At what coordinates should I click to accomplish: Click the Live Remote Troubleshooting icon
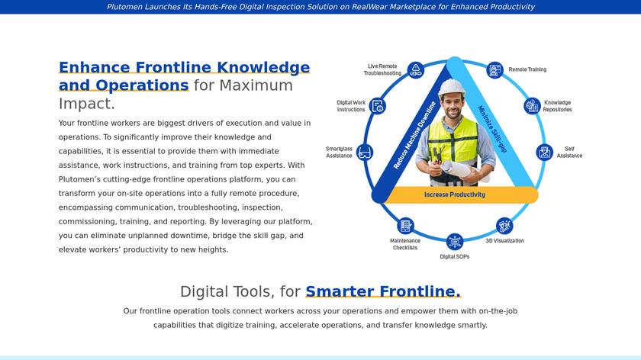[416, 70]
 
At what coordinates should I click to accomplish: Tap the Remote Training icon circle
[494, 70]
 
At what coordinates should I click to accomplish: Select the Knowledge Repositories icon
[533, 106]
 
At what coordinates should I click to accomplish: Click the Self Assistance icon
[545, 153]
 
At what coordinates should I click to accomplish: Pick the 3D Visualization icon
[504, 226]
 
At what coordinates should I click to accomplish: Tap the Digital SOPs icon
[455, 242]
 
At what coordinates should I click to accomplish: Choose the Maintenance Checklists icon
[405, 226]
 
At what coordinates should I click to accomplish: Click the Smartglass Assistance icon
[364, 153]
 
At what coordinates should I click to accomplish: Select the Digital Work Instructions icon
[377, 106]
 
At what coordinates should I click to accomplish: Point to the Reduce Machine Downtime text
[414, 135]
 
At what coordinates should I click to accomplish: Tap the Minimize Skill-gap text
[493, 129]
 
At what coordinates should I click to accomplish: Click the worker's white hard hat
[451, 88]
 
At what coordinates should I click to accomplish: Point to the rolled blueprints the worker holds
[462, 170]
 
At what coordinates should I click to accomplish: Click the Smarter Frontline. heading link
[383, 291]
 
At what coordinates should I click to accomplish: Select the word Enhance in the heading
[95, 67]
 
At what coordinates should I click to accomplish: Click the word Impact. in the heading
[87, 104]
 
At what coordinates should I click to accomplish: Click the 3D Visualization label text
[504, 241]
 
